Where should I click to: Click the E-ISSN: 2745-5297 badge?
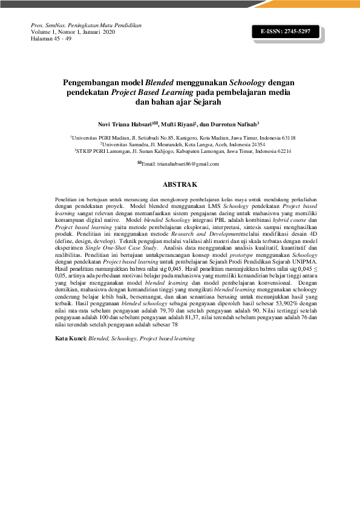click(x=285, y=30)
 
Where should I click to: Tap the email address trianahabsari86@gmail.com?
click(x=183, y=164)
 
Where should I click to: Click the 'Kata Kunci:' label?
click(x=70, y=339)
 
